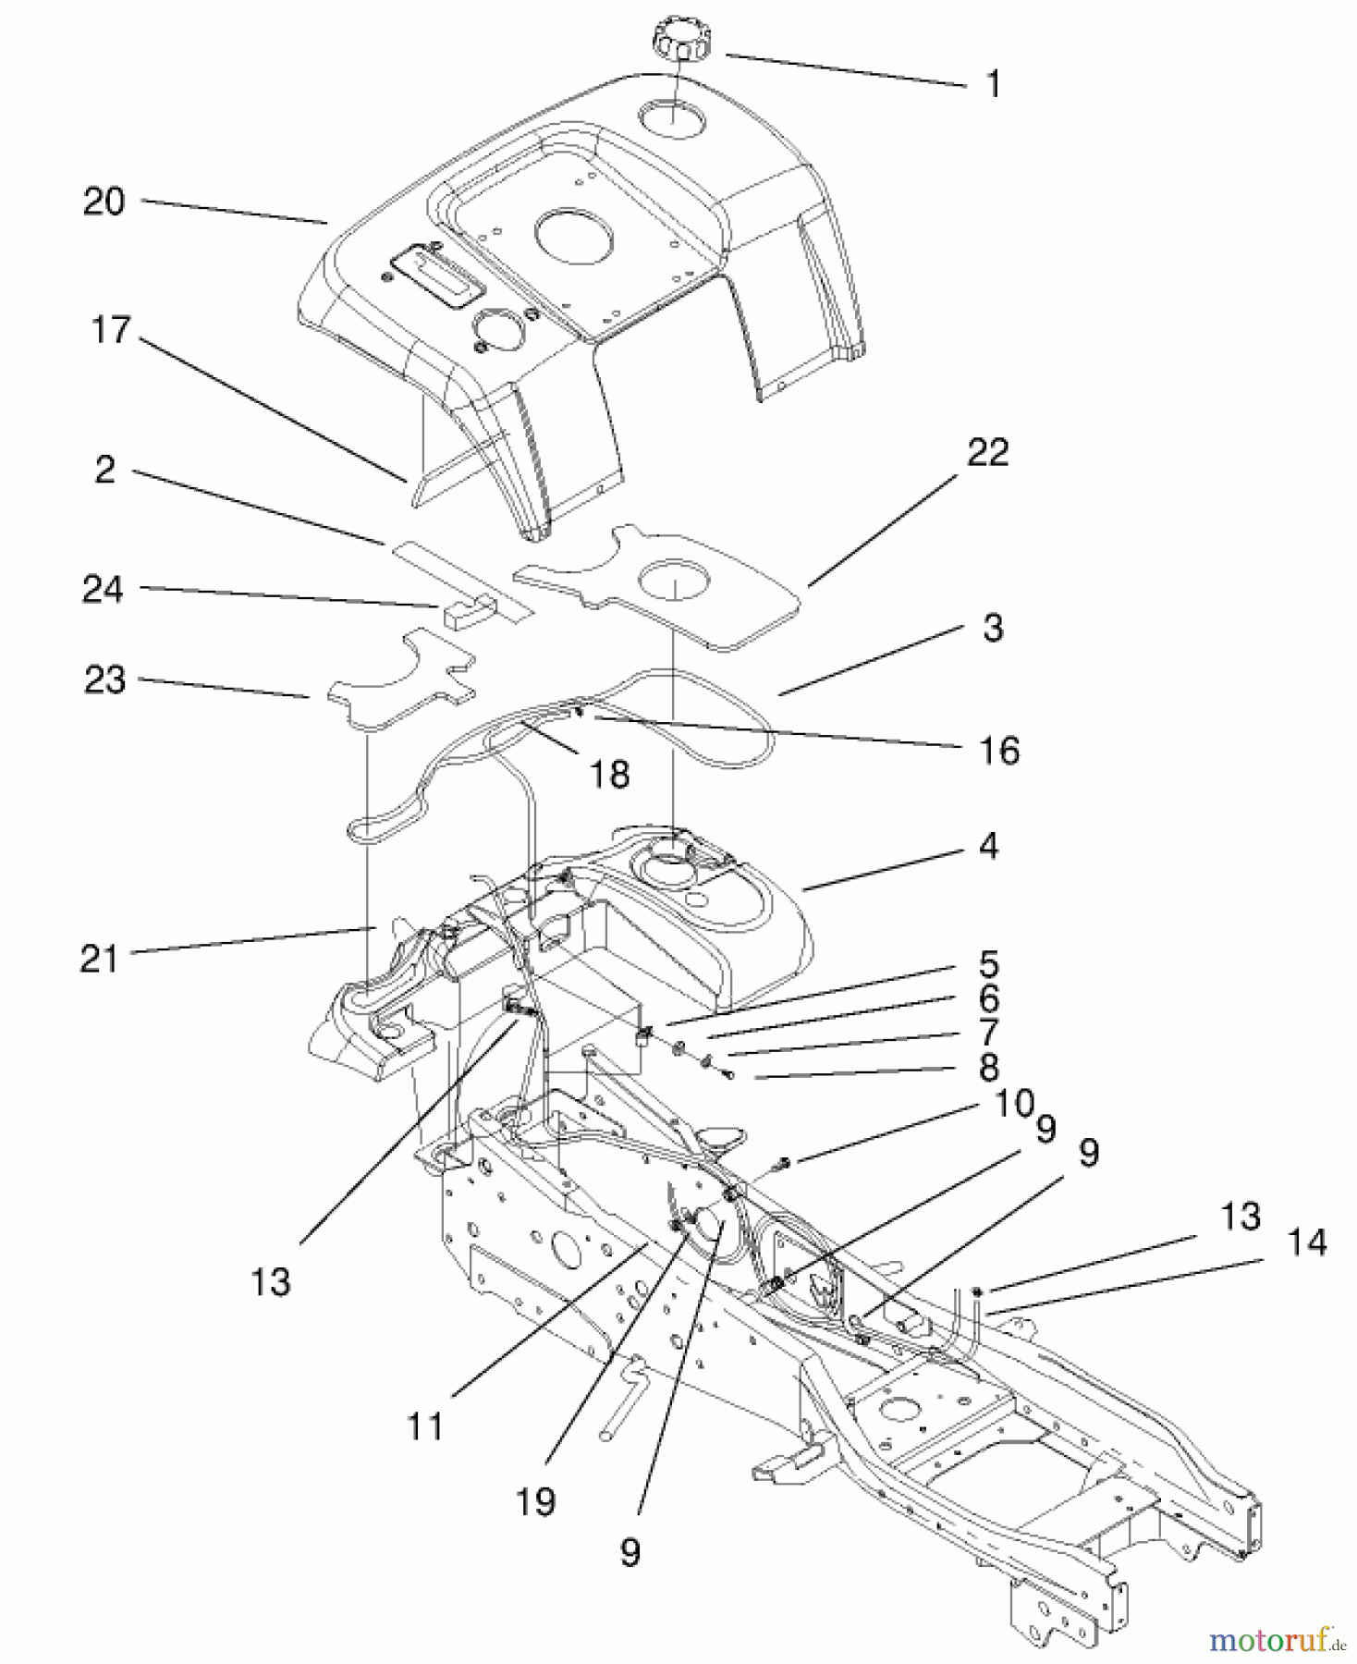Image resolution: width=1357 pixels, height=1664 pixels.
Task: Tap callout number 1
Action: pyautogui.click(x=993, y=85)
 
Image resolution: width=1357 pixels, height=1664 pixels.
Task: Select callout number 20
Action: pyautogui.click(x=104, y=201)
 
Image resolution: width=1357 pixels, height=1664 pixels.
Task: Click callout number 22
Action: pyautogui.click(x=987, y=453)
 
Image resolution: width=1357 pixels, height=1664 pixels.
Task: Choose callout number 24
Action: pyautogui.click(x=103, y=589)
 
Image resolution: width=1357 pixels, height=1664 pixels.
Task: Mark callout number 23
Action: pyautogui.click(x=104, y=680)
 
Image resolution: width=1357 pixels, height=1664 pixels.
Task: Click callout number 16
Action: pyautogui.click(x=999, y=751)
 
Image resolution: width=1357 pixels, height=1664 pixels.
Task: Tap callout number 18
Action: pyautogui.click(x=610, y=773)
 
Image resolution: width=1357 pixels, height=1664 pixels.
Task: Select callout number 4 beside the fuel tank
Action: pyautogui.click(x=988, y=846)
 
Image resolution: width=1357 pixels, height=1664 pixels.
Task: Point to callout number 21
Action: pyautogui.click(x=99, y=959)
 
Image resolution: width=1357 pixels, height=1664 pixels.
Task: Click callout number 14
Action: pyautogui.click(x=1304, y=1242)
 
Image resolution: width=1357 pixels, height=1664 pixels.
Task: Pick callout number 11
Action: pyautogui.click(x=425, y=1427)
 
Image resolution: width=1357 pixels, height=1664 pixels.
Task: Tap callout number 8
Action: pyautogui.click(x=988, y=1068)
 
